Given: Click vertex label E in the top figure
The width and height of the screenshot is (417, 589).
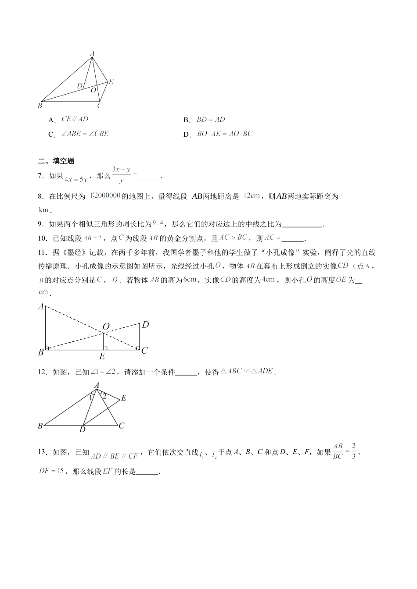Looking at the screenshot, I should [x=111, y=82].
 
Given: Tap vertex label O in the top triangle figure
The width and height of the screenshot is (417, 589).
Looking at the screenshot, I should [x=93, y=90].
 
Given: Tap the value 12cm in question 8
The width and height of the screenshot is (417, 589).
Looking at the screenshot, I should [x=252, y=196].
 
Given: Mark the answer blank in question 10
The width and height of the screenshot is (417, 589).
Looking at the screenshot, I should [x=292, y=239].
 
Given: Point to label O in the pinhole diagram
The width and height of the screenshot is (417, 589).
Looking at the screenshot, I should [x=106, y=326].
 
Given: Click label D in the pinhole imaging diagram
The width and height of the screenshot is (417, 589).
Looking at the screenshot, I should [x=145, y=325].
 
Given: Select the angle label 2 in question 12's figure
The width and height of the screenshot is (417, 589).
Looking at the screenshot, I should [x=104, y=396].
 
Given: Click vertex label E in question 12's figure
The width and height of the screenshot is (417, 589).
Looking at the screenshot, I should [x=124, y=398].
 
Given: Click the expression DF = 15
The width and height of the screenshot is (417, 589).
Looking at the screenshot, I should [x=51, y=471].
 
